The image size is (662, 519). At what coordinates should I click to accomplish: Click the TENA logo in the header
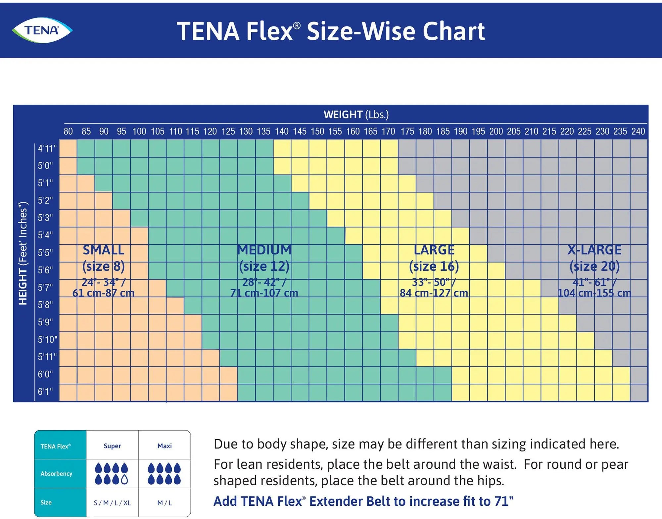pyautogui.click(x=42, y=30)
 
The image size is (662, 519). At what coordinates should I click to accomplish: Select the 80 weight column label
pyautogui.click(x=68, y=131)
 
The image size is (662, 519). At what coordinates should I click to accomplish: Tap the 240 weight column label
pyautogui.click(x=638, y=131)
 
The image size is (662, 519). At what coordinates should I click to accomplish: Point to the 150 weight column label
pyautogui.click(x=317, y=131)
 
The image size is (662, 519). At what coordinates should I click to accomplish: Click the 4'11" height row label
pyautogui.click(x=47, y=148)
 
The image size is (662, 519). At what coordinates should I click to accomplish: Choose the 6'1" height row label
pyautogui.click(x=46, y=392)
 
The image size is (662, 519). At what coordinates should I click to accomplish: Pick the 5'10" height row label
pyautogui.click(x=47, y=340)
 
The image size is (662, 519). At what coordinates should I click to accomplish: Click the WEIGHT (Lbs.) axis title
pyautogui.click(x=356, y=115)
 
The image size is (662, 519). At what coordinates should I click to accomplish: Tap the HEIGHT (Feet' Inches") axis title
pyautogui.click(x=23, y=253)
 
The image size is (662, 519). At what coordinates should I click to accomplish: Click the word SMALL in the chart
pyautogui.click(x=103, y=250)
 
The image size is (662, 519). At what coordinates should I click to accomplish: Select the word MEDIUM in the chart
pyautogui.click(x=264, y=250)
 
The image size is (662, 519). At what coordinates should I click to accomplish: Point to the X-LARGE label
pyautogui.click(x=594, y=250)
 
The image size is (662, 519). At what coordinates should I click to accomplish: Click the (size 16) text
pyautogui.click(x=434, y=266)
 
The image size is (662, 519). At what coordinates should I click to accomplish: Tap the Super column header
pyautogui.click(x=112, y=446)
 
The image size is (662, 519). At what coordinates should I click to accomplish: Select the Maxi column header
pyautogui.click(x=165, y=446)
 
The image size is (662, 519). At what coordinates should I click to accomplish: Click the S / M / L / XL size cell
pyautogui.click(x=112, y=503)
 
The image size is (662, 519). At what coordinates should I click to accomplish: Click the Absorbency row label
pyautogui.click(x=56, y=474)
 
